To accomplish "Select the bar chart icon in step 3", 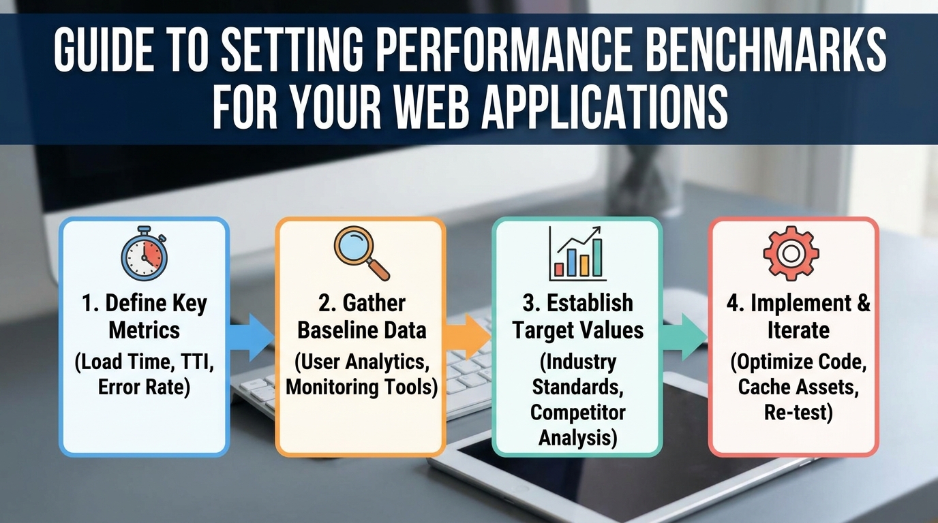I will pos(577,253).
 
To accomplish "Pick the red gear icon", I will pos(791,253).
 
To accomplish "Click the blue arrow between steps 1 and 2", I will pos(250,336).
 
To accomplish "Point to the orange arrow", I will pos(467,334).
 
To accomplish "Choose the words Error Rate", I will pos(144,387).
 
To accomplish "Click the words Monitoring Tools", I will pos(361,387).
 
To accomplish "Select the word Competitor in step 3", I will pos(577,412).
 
